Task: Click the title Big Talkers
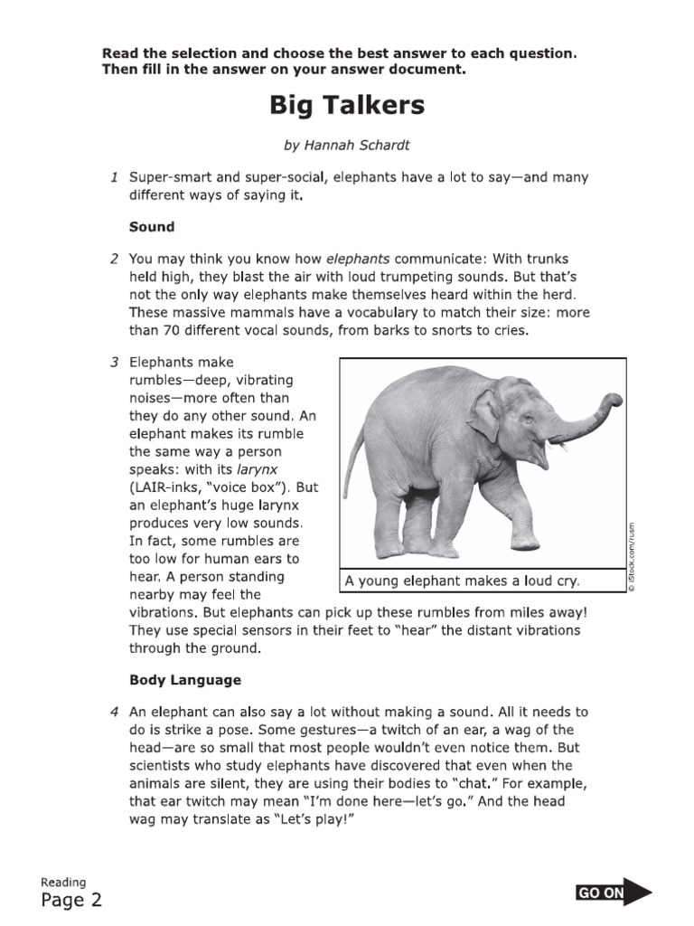[x=347, y=106]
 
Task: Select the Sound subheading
[x=151, y=226]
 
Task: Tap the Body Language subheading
[x=184, y=679]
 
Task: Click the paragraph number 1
[x=115, y=178]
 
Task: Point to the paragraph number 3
[x=115, y=363]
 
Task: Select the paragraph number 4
[x=115, y=713]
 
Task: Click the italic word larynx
[x=256, y=469]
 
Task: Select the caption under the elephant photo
[x=461, y=581]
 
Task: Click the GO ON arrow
[x=614, y=893]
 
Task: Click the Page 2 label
[x=71, y=899]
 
